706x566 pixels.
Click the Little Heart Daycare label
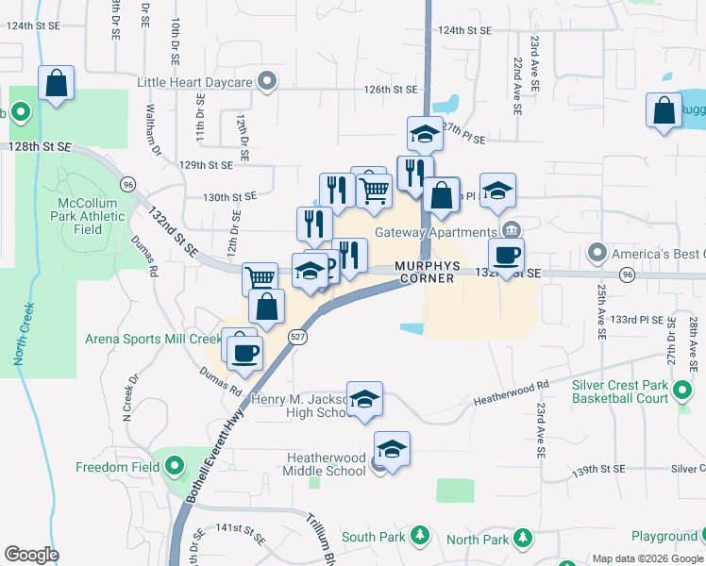tap(195, 82)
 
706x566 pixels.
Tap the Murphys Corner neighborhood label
tap(428, 272)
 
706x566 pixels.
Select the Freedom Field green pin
tap(174, 466)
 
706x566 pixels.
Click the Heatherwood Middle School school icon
tap(392, 447)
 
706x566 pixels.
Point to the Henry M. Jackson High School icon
tap(364, 398)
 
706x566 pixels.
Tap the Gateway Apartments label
tap(435, 232)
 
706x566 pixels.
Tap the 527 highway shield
tap(297, 337)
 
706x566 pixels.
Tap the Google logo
tap(31, 555)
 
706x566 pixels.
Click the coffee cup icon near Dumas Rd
tap(245, 353)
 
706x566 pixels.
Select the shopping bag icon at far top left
tap(57, 83)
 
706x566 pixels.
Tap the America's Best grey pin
tap(597, 253)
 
